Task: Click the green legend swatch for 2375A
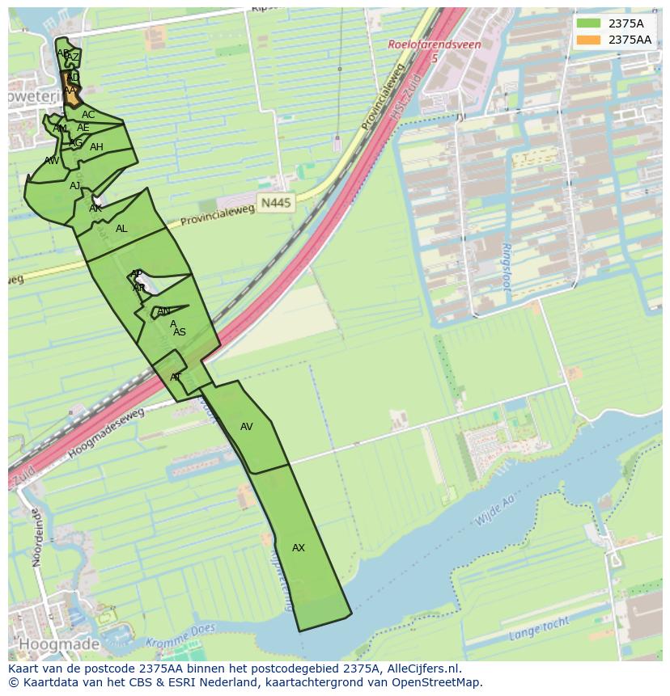coord(589,23)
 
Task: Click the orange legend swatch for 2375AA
coord(589,40)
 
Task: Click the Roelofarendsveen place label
coord(435,46)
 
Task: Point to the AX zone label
coord(299,548)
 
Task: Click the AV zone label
coord(247,427)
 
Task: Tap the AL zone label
coord(121,229)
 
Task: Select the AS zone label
coord(180,332)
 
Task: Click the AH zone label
coord(96,147)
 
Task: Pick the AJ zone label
coord(74,186)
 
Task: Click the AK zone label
coord(95,209)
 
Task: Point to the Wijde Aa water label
coord(494,512)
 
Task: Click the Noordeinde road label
coord(36,538)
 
